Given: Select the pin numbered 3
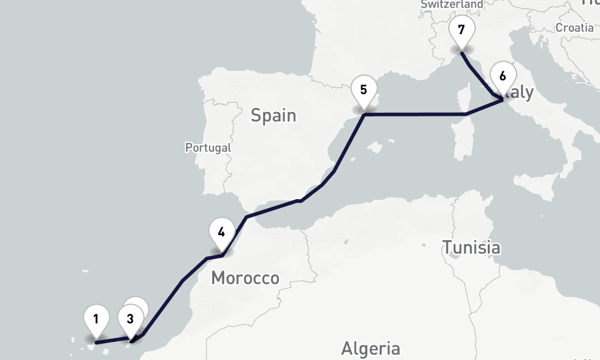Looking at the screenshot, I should coord(130,318).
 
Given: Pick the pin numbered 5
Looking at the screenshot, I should coord(364,91).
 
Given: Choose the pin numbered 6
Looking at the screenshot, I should coord(502,76).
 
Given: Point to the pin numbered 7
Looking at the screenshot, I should coord(461,29).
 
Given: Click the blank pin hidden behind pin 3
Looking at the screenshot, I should coord(138,303).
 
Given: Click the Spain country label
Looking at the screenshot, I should coord(273,115).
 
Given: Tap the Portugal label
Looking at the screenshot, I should coord(208,147).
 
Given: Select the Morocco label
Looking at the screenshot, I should coord(245,278).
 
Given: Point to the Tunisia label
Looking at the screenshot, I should coord(471,247).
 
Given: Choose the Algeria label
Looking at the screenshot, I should coord(370,348).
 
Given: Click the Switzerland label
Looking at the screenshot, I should coord(451,4).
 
